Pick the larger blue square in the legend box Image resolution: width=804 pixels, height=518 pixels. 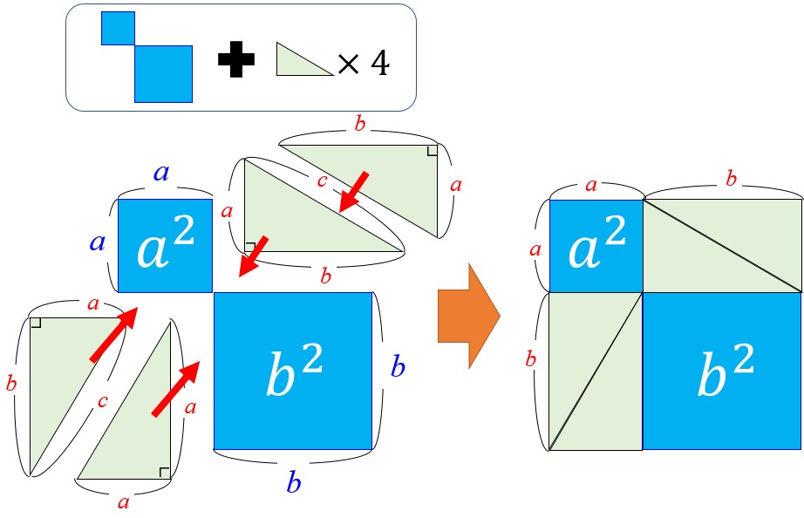coord(163,73)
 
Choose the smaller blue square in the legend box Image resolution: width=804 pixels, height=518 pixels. coord(118,28)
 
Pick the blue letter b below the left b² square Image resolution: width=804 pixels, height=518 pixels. coord(293,482)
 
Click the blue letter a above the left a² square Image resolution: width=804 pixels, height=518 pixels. coord(162,173)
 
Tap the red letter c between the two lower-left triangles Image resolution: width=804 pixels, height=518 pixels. coord(104,401)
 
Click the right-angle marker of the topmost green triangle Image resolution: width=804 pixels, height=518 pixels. coord(431,151)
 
